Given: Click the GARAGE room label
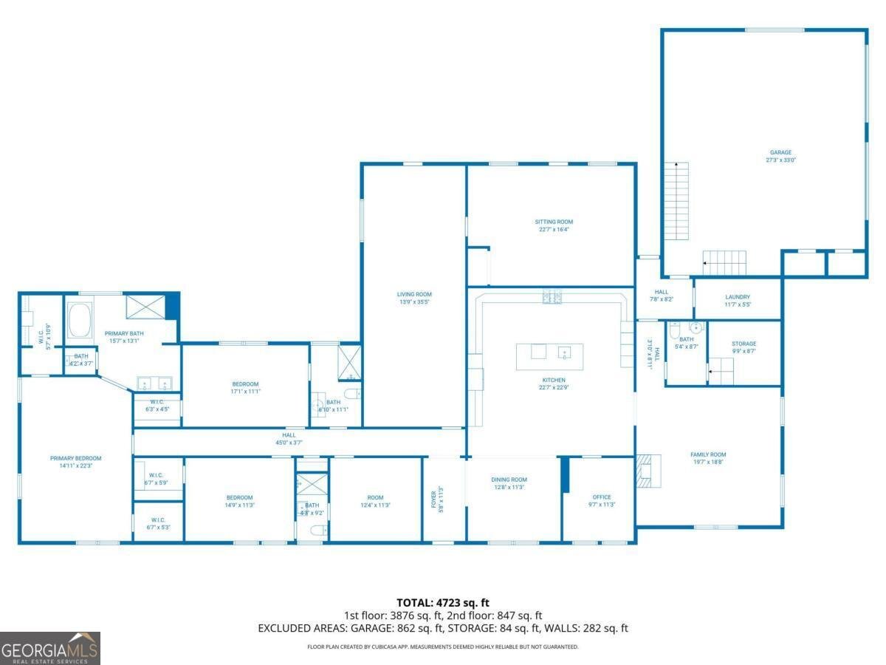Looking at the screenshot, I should pyautogui.click(x=780, y=153).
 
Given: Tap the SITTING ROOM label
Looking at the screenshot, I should pyautogui.click(x=554, y=222).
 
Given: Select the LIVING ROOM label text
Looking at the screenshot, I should pyautogui.click(x=414, y=294).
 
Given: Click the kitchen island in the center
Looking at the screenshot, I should pyautogui.click(x=549, y=356).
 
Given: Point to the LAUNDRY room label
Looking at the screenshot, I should pyautogui.click(x=738, y=297).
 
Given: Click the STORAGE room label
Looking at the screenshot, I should pyautogui.click(x=744, y=344).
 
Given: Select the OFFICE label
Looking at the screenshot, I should pyautogui.click(x=602, y=497).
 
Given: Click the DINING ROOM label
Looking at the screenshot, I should pyautogui.click(x=509, y=480).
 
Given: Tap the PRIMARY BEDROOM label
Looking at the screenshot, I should pyautogui.click(x=76, y=458).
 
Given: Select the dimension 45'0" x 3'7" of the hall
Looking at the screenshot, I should pyautogui.click(x=289, y=443).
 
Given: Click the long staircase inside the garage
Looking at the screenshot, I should pyautogui.click(x=676, y=200).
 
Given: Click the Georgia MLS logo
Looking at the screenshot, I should pyautogui.click(x=50, y=648).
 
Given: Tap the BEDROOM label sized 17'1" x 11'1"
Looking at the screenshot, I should pyautogui.click(x=245, y=383).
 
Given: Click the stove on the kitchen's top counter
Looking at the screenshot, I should pyautogui.click(x=552, y=298).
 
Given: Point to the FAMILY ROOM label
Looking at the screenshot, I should pyautogui.click(x=708, y=454).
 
